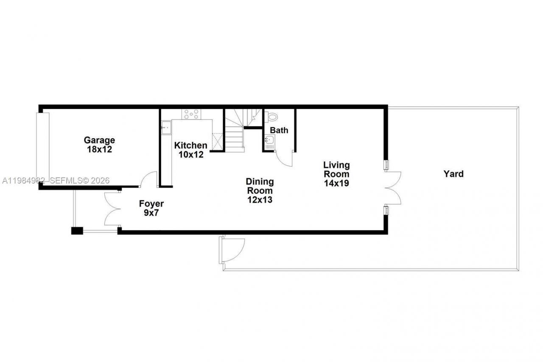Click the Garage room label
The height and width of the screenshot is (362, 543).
[99, 140]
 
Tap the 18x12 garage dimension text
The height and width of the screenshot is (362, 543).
[99, 149]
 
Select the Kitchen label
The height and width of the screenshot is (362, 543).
[191, 145]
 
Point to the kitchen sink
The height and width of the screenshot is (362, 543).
[165, 126]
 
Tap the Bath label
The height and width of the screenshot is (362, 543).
[279, 130]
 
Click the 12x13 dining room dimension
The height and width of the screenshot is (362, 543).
[260, 200]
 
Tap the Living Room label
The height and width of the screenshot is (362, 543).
[336, 169]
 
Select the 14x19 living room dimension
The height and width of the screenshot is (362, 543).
[336, 183]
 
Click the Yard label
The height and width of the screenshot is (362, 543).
[453, 174]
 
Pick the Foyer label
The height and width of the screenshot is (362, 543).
[151, 204]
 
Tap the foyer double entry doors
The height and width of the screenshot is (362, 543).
[112, 209]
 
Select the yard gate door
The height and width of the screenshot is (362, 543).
[232, 250]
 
